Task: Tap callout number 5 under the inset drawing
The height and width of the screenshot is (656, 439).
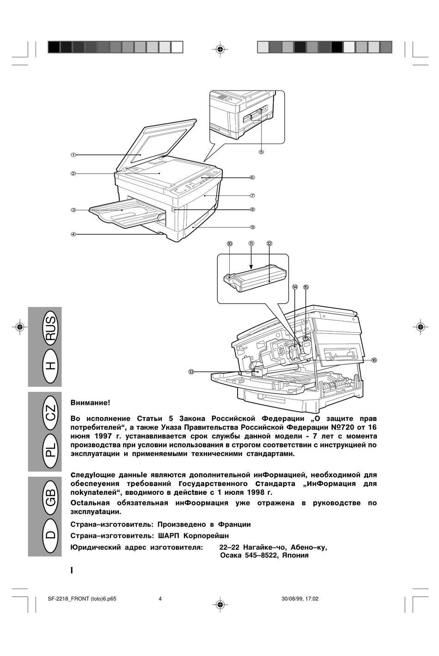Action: (261, 152)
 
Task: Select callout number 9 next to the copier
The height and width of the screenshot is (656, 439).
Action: (252, 227)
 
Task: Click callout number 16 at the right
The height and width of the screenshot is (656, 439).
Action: (374, 360)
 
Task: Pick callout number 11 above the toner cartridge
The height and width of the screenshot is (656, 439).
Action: (251, 243)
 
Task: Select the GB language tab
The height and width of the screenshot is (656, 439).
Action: (50, 497)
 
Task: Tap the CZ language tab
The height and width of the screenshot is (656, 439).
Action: (50, 412)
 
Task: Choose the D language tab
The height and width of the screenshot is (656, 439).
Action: (50, 535)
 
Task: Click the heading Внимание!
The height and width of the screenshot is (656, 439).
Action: (90, 403)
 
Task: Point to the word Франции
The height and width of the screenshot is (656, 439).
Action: (234, 524)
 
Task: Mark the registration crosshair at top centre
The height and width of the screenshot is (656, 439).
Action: (220, 48)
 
